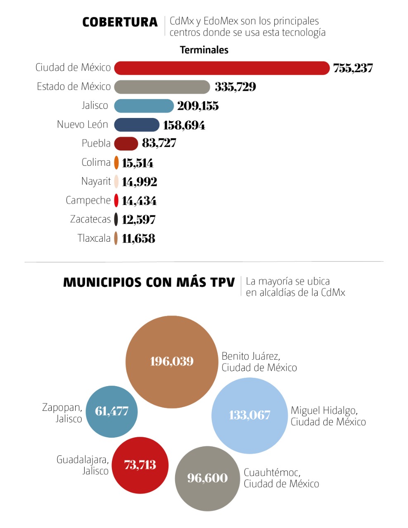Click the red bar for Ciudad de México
(222, 68)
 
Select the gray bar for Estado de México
(162, 87)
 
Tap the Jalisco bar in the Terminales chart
(144, 106)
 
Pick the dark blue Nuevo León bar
(137, 125)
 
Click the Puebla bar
(126, 144)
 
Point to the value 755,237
(353, 68)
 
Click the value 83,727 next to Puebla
(159, 143)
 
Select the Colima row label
(96, 163)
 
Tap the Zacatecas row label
(90, 219)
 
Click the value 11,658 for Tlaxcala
(139, 238)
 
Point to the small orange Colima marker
(116, 163)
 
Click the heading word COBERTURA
(120, 22)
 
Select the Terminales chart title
(204, 50)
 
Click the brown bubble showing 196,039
(172, 362)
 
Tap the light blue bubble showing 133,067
(249, 415)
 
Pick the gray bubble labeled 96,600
(207, 478)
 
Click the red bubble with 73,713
(140, 465)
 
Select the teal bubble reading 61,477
(111, 411)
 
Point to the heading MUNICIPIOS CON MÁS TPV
(149, 283)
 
